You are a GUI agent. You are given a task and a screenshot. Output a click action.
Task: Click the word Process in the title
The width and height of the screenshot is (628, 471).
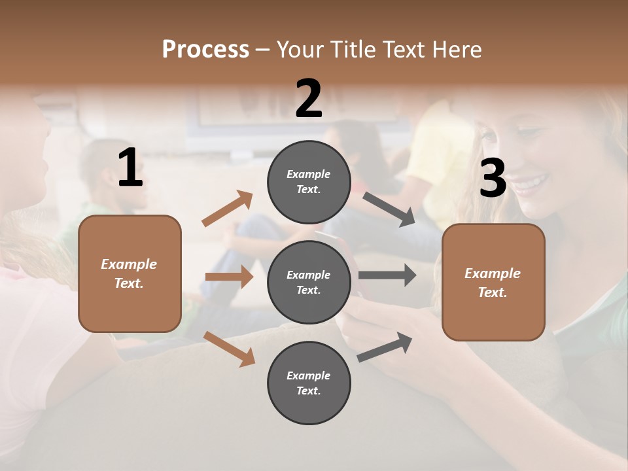tap(205, 50)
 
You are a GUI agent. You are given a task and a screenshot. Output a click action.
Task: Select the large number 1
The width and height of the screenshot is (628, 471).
tap(130, 168)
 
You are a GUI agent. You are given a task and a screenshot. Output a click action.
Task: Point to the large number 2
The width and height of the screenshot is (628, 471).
tap(309, 99)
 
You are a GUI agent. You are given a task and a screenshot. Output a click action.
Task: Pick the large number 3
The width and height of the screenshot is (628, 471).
tap(493, 178)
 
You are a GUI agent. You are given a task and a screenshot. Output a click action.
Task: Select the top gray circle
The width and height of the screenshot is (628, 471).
tap(309, 182)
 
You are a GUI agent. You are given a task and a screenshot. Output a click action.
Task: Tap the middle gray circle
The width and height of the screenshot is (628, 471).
tap(309, 282)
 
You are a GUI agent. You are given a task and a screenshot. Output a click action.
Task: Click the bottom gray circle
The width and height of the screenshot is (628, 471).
tap(309, 383)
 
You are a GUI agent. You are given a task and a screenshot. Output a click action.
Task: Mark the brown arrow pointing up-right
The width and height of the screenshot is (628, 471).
tap(228, 209)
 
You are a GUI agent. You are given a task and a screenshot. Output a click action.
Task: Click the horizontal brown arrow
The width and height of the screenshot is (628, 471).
tap(229, 277)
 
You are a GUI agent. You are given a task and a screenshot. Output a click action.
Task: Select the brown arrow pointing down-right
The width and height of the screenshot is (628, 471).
tap(229, 348)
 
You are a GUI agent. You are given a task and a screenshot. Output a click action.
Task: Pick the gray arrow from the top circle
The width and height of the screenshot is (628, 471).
tap(389, 209)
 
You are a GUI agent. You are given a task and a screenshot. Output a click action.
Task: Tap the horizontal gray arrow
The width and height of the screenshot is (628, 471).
tap(387, 275)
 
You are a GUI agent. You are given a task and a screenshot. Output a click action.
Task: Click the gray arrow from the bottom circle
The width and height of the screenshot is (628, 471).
tap(385, 347)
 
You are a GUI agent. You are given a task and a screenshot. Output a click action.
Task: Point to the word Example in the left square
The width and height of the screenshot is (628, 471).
tap(129, 264)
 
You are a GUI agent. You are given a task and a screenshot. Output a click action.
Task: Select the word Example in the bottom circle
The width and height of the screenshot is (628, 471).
tap(308, 375)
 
